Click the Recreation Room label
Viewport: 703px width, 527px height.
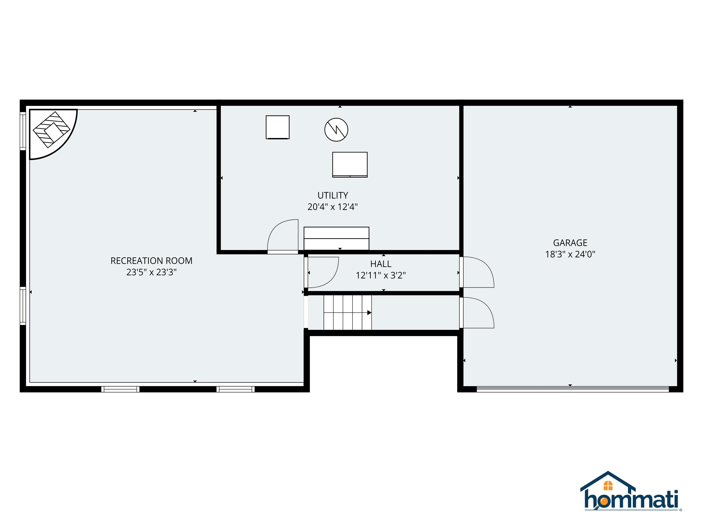(x=151, y=261)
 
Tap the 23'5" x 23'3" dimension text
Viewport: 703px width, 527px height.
(x=151, y=272)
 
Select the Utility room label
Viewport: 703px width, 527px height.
(x=333, y=195)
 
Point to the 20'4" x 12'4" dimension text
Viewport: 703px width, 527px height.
(x=333, y=207)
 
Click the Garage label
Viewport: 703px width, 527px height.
(x=570, y=243)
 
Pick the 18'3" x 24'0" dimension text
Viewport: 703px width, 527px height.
(x=570, y=254)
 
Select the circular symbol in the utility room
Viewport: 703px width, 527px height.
(x=336, y=130)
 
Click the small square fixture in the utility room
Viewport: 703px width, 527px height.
(x=277, y=127)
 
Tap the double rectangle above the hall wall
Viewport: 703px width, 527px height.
(x=336, y=238)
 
